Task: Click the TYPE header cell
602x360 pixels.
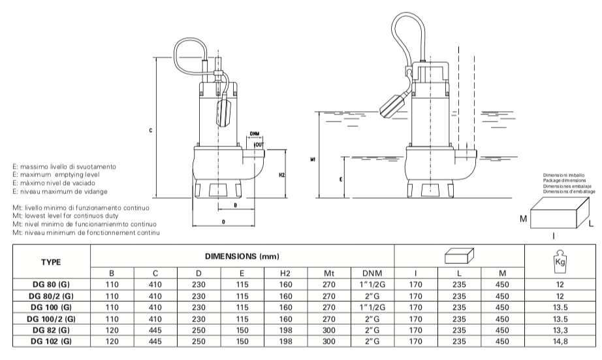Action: [51, 262]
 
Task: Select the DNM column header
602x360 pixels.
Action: [372, 273]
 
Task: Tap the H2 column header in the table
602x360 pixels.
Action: [285, 273]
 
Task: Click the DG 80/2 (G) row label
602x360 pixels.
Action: [51, 296]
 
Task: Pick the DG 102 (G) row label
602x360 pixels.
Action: [51, 341]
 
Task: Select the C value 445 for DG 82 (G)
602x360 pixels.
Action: [155, 330]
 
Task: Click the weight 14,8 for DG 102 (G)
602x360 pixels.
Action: [560, 341]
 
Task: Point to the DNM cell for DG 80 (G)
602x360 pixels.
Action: [372, 285]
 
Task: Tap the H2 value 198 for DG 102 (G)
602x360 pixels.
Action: [285, 341]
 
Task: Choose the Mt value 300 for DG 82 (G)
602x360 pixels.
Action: [328, 330]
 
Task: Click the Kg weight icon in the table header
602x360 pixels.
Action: [560, 261]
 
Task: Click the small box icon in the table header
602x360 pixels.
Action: [459, 256]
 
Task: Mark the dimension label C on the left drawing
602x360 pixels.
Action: [150, 131]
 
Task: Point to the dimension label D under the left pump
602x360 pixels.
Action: [223, 221]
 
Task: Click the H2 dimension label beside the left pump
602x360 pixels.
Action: [281, 175]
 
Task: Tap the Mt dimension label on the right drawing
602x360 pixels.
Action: [313, 159]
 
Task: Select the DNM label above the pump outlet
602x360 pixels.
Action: [254, 134]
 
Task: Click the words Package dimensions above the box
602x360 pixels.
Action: [564, 180]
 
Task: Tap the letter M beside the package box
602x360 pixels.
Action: [523, 219]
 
